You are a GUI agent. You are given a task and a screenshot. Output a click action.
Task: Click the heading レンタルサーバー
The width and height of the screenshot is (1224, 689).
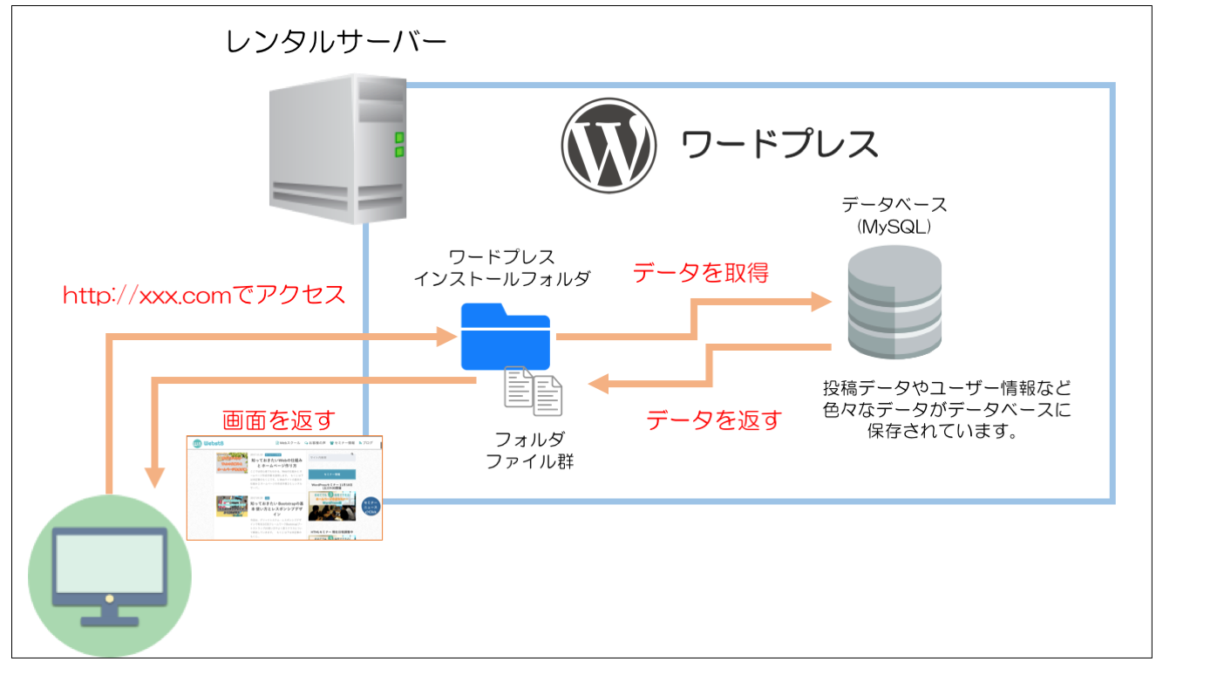336,42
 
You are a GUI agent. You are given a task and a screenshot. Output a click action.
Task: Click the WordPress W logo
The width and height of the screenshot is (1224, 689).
608,145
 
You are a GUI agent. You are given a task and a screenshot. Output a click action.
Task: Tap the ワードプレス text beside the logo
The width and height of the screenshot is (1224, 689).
779,143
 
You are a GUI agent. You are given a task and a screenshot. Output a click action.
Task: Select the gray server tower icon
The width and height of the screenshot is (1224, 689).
337,148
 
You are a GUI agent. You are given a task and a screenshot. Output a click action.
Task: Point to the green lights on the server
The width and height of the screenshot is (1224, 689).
399,145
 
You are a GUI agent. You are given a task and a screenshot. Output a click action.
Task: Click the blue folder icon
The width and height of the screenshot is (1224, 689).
506,337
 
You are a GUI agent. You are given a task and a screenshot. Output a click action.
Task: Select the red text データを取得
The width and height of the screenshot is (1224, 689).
701,273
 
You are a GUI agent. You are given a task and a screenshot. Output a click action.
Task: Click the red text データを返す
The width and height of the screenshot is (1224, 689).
713,420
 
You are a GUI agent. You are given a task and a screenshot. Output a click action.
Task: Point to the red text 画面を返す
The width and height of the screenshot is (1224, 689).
278,420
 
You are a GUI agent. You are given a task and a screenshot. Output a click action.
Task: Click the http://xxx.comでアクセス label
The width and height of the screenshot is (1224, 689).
204,295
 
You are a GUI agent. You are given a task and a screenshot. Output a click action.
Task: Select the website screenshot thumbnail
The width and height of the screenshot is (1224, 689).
285,488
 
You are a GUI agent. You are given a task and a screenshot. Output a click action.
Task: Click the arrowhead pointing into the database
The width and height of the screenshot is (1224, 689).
820,303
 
